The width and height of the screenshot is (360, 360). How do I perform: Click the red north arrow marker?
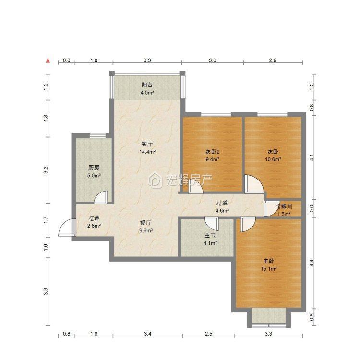click(x=48, y=60)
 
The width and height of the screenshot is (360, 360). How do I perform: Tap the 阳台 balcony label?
click(x=147, y=84)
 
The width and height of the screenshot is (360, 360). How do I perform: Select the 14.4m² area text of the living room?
click(x=147, y=152)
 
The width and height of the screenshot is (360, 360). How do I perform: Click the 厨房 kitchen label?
click(x=94, y=168)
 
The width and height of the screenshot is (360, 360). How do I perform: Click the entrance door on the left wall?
click(x=67, y=228)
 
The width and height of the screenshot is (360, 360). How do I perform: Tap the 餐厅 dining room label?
click(x=146, y=223)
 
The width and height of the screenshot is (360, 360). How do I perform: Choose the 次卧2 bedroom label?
click(x=212, y=152)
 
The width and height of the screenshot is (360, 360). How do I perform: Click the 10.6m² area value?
click(x=273, y=159)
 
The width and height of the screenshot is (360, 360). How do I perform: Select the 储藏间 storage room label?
click(x=284, y=206)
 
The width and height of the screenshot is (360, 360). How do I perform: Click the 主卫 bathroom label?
click(x=210, y=236)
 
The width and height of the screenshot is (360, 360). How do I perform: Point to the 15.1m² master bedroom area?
click(x=269, y=269)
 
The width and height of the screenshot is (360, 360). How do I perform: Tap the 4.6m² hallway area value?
click(x=222, y=210)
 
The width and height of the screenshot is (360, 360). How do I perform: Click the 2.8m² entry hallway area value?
click(x=94, y=226)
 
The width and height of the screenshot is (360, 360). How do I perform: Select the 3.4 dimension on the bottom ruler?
click(x=148, y=334)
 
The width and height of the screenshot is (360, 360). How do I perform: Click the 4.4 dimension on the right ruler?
click(x=312, y=264)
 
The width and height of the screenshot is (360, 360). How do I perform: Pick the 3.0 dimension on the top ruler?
click(x=212, y=60)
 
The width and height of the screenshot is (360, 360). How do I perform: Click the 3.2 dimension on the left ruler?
click(x=46, y=169)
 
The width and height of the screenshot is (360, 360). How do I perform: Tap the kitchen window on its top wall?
click(x=97, y=136)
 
